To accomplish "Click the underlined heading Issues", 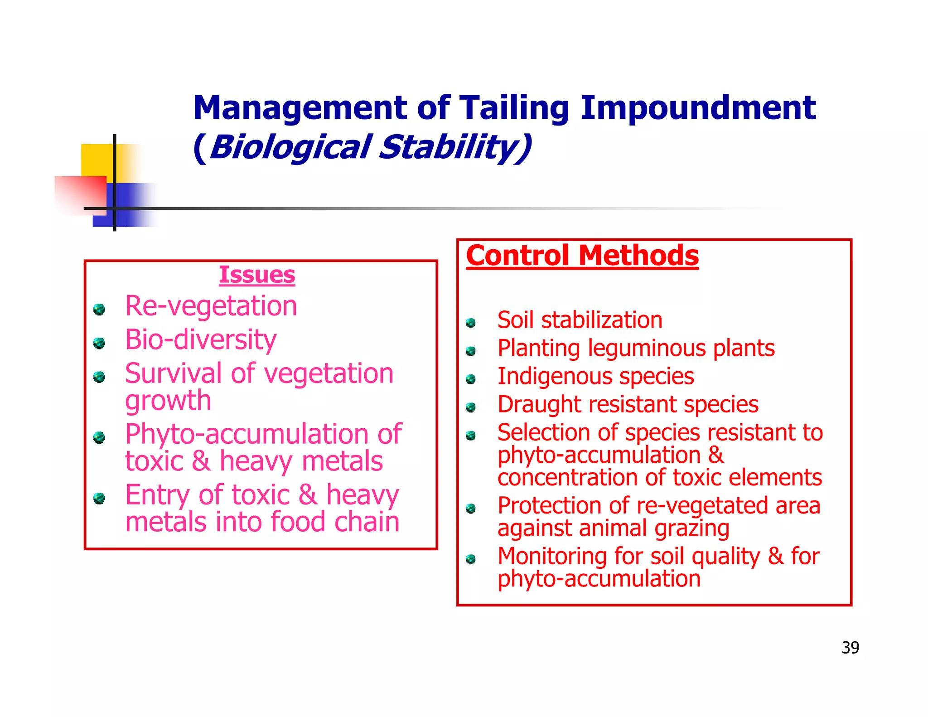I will [257, 275].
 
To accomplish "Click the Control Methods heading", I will [582, 256].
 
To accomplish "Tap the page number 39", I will [850, 648].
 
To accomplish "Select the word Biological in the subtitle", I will [290, 148].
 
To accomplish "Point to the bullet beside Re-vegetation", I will [99, 310].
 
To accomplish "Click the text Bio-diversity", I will [201, 339].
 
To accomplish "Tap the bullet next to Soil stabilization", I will [471, 323].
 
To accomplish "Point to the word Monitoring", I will [552, 556].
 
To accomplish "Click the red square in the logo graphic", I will [82, 193].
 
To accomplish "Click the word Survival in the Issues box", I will [174, 373].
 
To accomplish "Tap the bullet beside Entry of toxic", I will [99, 499].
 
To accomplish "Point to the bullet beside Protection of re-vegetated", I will [471, 509].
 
